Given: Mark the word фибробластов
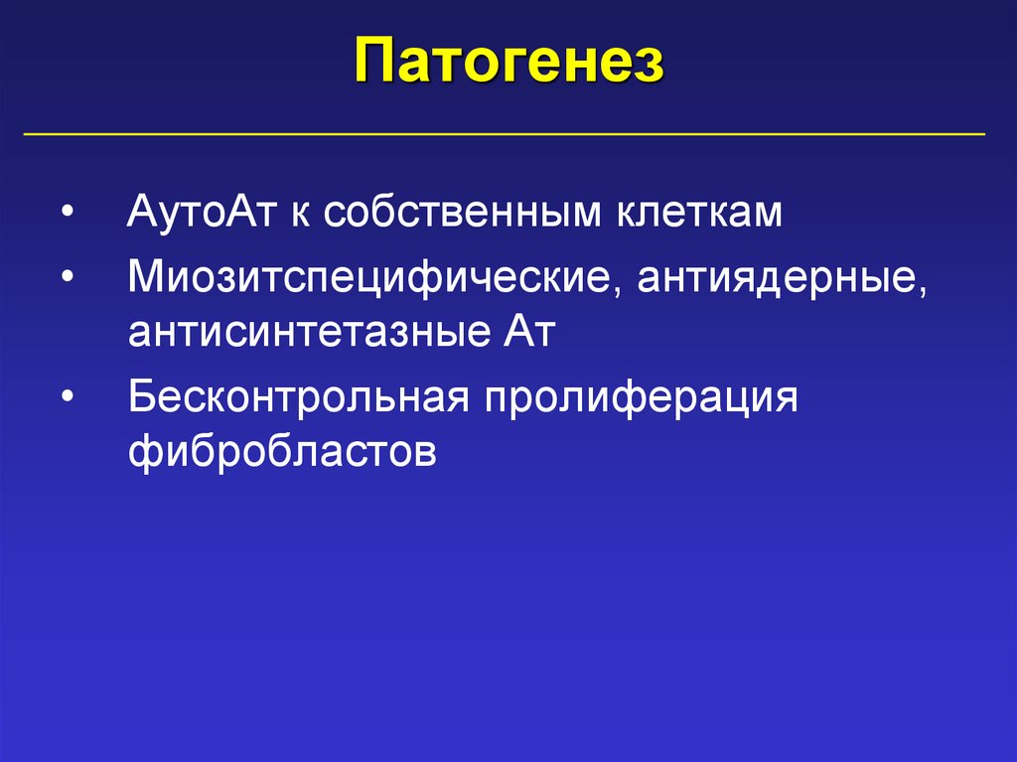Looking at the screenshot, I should [282, 452].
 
